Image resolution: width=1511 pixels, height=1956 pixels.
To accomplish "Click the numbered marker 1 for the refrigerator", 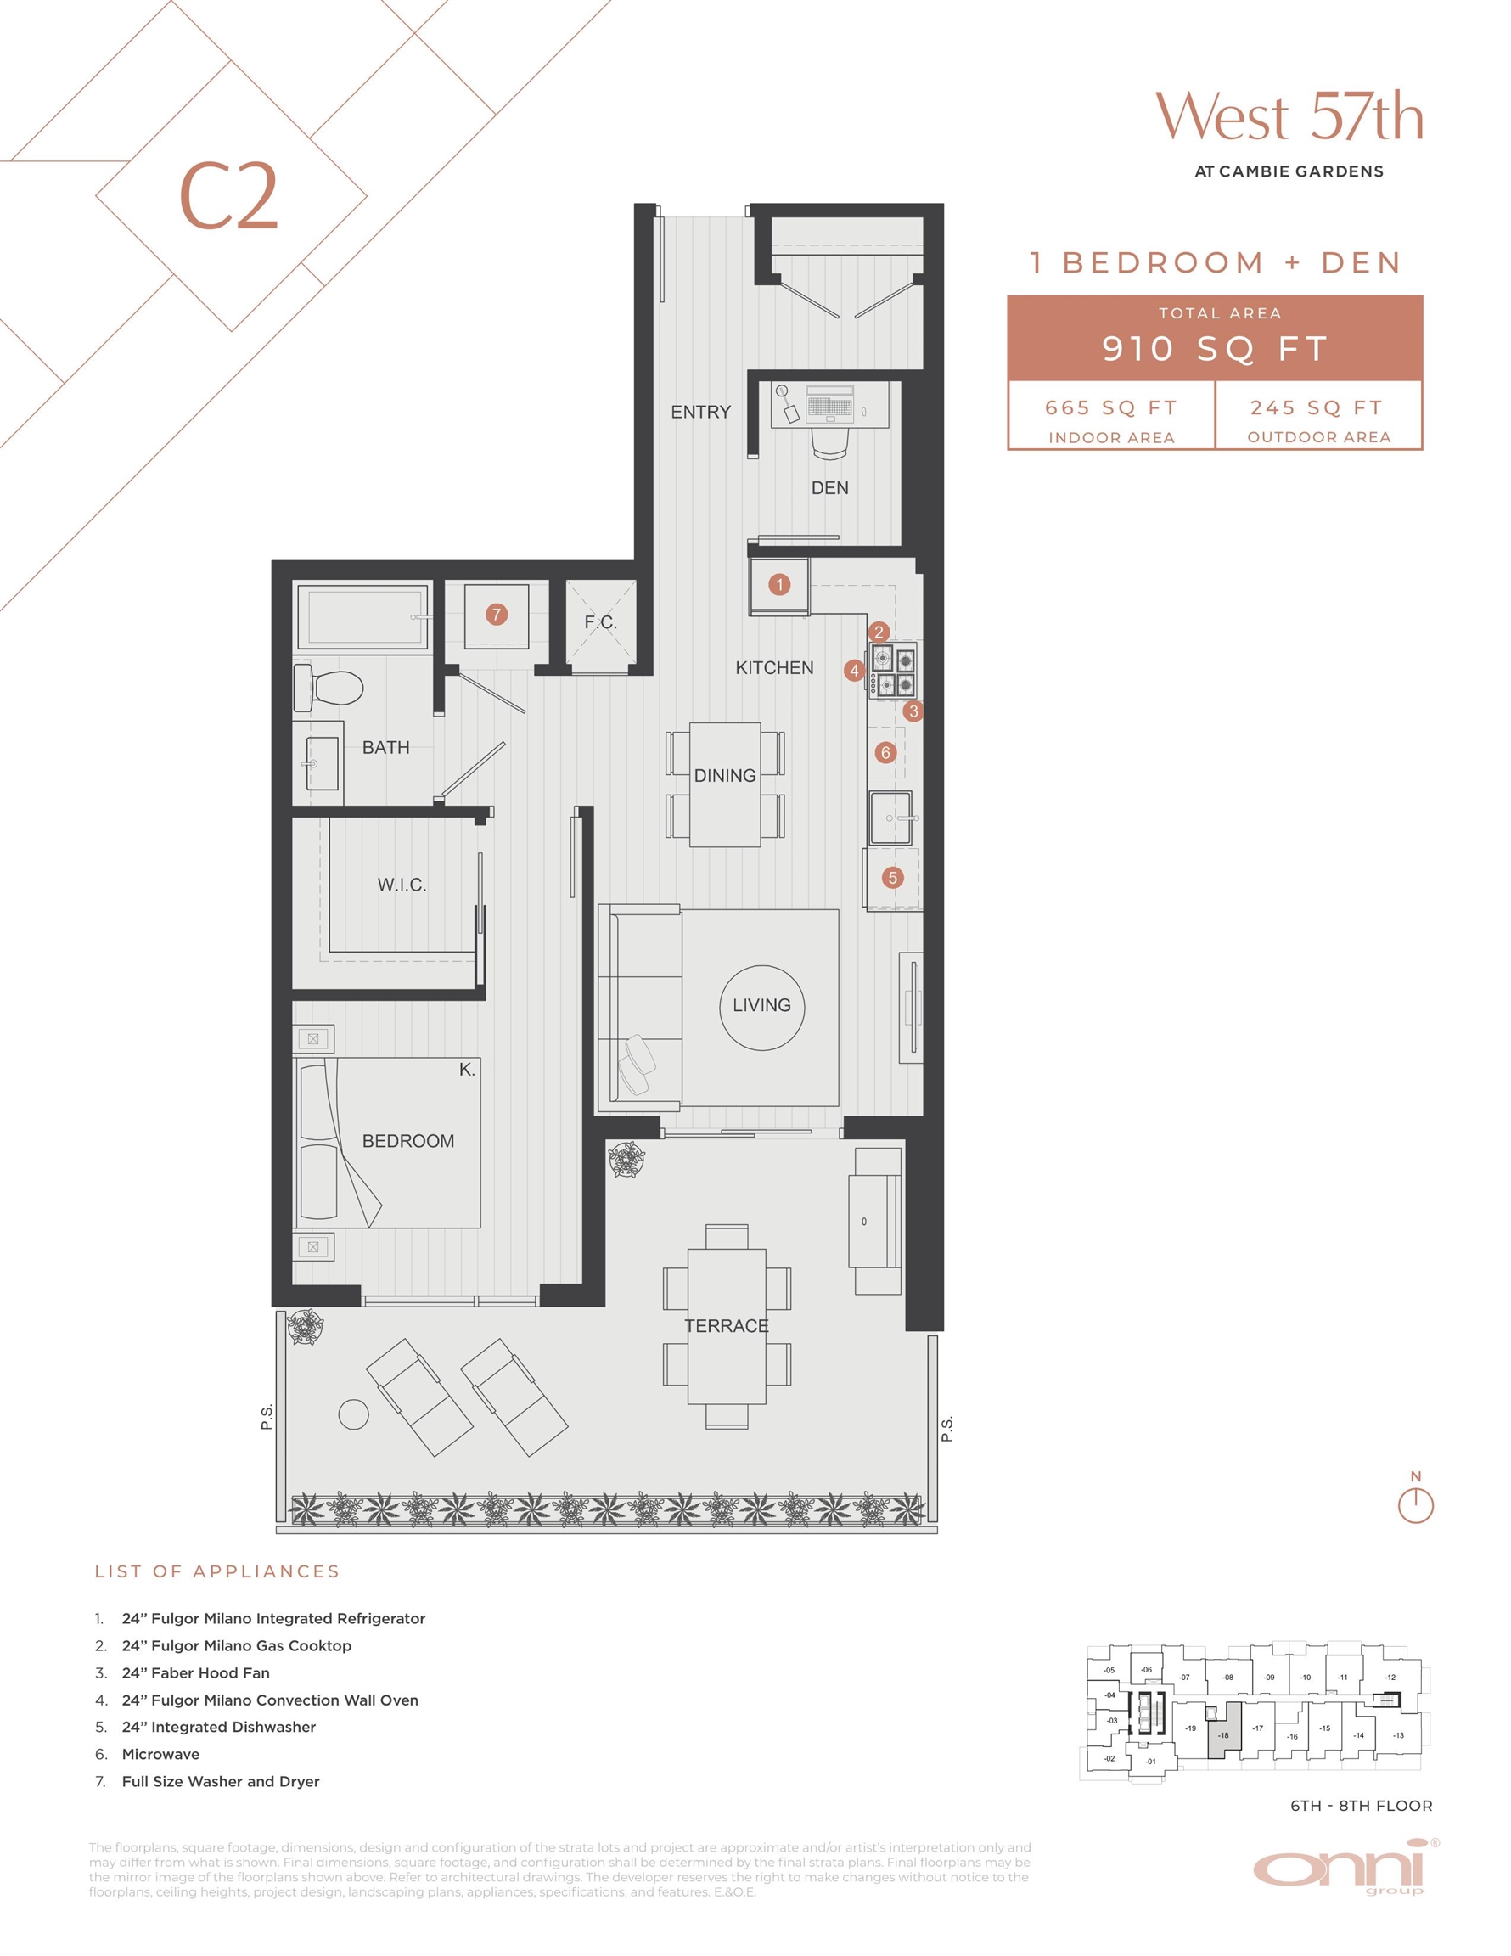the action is [x=779, y=585].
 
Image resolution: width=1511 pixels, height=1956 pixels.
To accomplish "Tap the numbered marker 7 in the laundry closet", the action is [x=497, y=615].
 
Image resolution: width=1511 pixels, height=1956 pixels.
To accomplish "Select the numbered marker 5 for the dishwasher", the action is [x=892, y=878].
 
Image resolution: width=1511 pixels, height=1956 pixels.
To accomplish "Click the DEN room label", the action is [x=829, y=488].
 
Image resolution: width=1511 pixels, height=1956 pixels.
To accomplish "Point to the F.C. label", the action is [x=600, y=621].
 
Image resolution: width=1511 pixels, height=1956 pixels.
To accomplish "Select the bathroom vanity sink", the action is [x=323, y=764].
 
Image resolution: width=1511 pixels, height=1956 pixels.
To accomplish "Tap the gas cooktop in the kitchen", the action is [x=892, y=671].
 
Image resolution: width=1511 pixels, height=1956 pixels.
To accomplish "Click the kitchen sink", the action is [x=891, y=818].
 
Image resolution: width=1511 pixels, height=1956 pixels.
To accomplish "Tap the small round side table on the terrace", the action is [x=354, y=1414].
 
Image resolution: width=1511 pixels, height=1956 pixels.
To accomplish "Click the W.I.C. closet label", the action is [x=402, y=885].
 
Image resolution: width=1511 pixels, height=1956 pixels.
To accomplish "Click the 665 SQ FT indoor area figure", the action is [x=1110, y=407].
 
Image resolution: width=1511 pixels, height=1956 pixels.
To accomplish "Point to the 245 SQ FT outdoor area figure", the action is [x=1317, y=407].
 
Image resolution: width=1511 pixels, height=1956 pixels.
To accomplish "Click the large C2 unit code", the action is [x=228, y=196].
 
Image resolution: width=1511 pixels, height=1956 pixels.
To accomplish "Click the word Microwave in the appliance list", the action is [x=160, y=1754].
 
